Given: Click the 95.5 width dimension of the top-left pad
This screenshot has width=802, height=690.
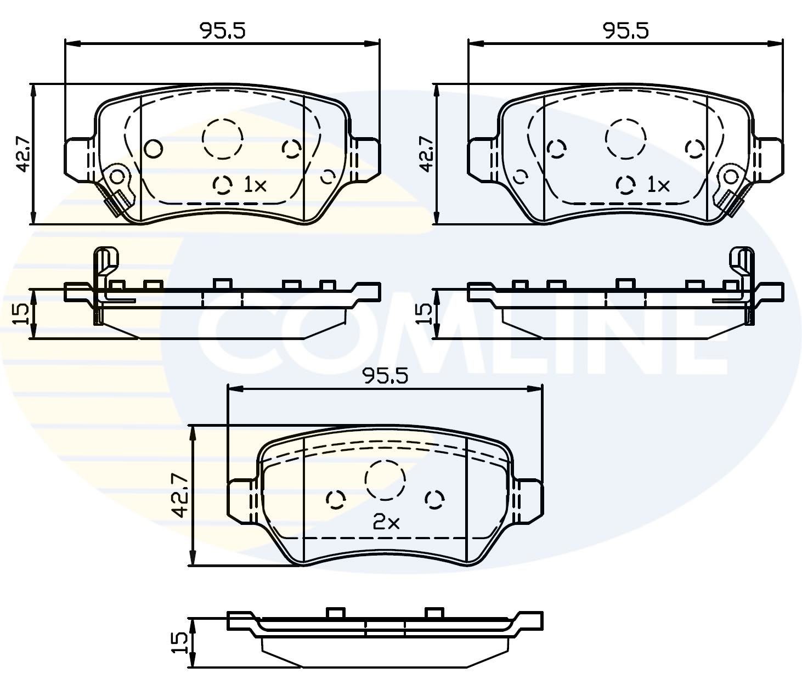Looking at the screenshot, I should tap(222, 31).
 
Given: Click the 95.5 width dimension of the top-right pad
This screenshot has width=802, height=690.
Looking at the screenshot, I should tap(625, 31).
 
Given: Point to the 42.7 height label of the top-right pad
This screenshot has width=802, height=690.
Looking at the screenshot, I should tap(426, 154).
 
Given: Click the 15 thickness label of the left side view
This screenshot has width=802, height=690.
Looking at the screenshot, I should tap(21, 313).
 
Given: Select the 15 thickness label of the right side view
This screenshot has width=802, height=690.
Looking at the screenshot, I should tap(425, 313).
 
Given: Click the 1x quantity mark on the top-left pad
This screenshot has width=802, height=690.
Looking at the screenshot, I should tap(255, 185).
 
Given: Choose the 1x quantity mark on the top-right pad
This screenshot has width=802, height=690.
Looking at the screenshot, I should tap(658, 185).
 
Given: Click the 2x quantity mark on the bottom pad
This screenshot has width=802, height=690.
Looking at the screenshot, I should tap(386, 523).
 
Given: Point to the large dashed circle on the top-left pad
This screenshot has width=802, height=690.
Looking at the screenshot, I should tap(222, 138).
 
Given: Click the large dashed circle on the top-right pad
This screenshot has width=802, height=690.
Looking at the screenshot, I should tap(625, 138).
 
